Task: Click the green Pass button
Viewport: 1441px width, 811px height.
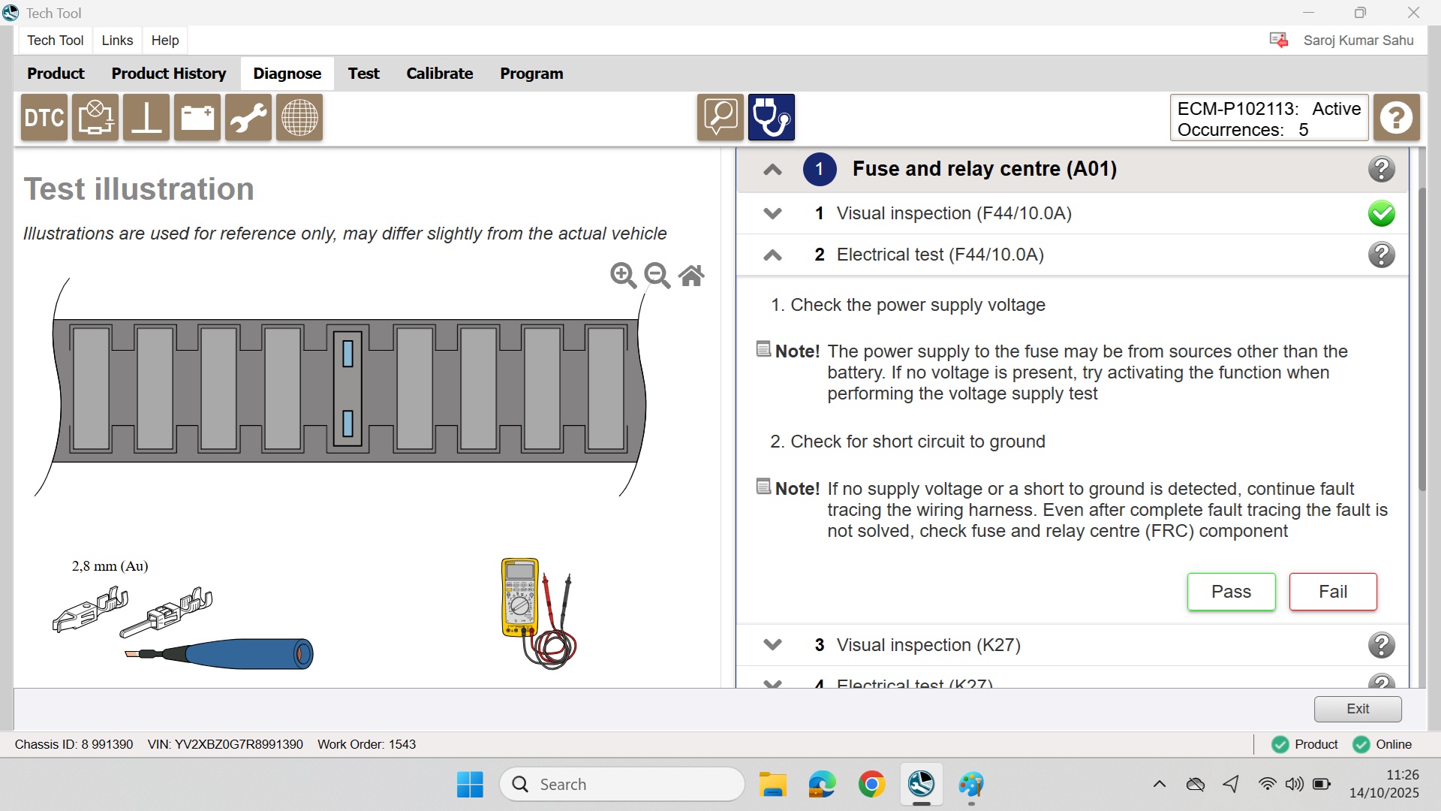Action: (x=1231, y=592)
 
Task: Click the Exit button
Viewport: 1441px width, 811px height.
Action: (x=1358, y=709)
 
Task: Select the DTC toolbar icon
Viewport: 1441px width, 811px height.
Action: (x=44, y=118)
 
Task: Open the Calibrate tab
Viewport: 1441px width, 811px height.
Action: (x=440, y=74)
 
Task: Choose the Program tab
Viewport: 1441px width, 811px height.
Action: (x=531, y=74)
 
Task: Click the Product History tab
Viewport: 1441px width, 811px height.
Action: (x=169, y=74)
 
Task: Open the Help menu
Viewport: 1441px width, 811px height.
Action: (x=165, y=41)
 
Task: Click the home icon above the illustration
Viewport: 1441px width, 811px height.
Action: (x=691, y=276)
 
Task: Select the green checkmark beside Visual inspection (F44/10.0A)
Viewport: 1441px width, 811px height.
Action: (x=1381, y=213)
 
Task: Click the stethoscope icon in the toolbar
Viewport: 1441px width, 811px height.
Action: (x=771, y=118)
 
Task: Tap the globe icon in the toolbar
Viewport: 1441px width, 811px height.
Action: (x=299, y=118)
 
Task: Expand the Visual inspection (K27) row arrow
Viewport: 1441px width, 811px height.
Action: (x=772, y=645)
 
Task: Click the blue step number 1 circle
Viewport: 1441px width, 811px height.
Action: (x=820, y=169)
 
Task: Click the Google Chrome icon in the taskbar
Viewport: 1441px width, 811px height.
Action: (x=871, y=785)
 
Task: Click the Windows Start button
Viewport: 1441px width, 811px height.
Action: (x=470, y=785)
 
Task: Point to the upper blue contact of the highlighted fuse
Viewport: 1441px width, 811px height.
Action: (x=347, y=354)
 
